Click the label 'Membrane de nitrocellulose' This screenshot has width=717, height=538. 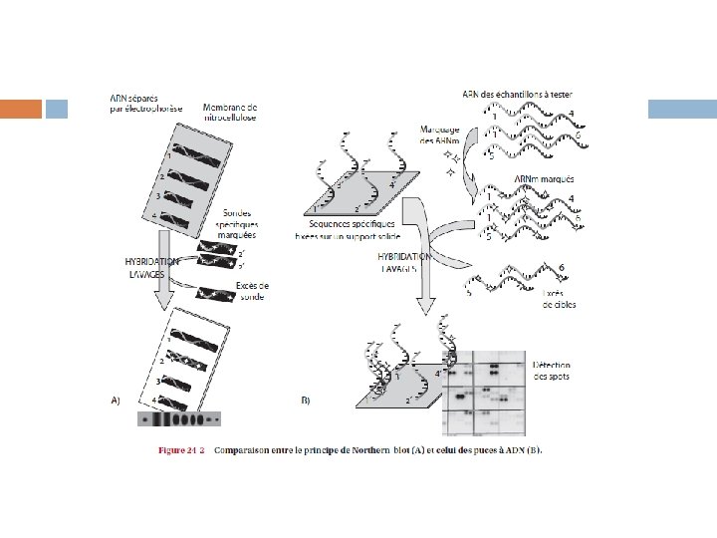tap(230, 112)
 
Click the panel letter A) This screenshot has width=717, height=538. tap(116, 401)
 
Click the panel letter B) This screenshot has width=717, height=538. tap(306, 401)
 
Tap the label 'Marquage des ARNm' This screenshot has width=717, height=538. tap(439, 135)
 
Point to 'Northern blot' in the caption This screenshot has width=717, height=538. tap(398, 451)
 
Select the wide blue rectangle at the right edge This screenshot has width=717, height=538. tap(682, 109)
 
